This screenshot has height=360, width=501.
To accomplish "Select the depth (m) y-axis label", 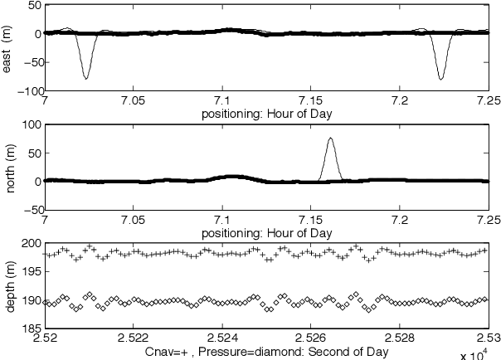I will point(7,287).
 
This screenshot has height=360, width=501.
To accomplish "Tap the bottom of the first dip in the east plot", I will point(86,79).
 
